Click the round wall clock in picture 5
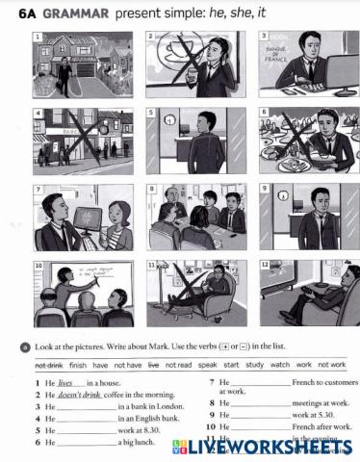pyautogui.click(x=169, y=121)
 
